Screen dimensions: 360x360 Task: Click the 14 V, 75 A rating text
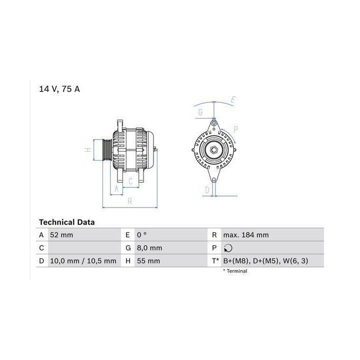tap(59, 89)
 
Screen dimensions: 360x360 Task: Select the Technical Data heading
tap(67, 222)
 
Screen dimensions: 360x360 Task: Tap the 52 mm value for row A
tap(61, 235)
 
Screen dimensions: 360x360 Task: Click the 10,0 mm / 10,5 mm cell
tap(83, 261)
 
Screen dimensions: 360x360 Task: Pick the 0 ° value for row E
tap(141, 235)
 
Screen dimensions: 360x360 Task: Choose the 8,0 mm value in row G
tap(149, 248)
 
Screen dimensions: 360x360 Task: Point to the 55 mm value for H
tap(148, 261)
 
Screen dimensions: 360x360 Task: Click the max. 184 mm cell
tap(246, 235)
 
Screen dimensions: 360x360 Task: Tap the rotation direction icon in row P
tap(228, 248)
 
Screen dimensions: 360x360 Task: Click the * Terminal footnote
tap(235, 271)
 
